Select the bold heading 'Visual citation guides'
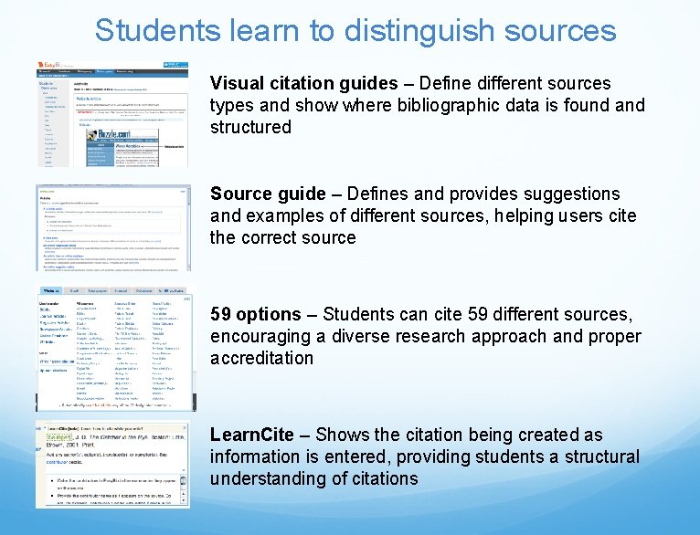click(x=303, y=83)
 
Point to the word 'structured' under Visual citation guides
click(x=250, y=127)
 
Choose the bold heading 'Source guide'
click(x=268, y=194)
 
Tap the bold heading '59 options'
click(x=255, y=314)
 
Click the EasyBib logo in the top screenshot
click(x=50, y=67)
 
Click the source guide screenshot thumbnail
click(x=114, y=227)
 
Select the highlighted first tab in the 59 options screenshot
click(x=52, y=290)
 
